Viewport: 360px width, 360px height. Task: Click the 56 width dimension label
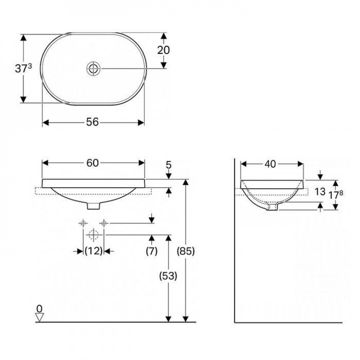tap(93, 122)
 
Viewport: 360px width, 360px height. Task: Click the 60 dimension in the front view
tap(93, 163)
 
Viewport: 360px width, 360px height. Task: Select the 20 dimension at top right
tap(163, 50)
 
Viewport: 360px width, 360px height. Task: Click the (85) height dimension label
tap(186, 251)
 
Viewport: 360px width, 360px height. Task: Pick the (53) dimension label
tap(168, 276)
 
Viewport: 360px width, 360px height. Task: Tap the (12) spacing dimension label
tap(93, 251)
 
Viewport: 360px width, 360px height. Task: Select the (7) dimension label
tap(152, 251)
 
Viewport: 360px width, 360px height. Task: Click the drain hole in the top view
tap(93, 68)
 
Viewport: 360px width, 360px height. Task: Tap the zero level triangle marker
tap(39, 317)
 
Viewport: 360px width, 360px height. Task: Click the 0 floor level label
tap(39, 308)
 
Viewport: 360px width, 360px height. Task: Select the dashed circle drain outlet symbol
tap(93, 235)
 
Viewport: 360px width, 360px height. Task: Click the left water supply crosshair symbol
tap(83, 223)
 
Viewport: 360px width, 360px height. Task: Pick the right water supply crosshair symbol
tap(104, 223)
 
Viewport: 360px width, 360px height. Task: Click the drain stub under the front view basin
tap(94, 206)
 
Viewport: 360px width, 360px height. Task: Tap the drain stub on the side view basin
tap(271, 207)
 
